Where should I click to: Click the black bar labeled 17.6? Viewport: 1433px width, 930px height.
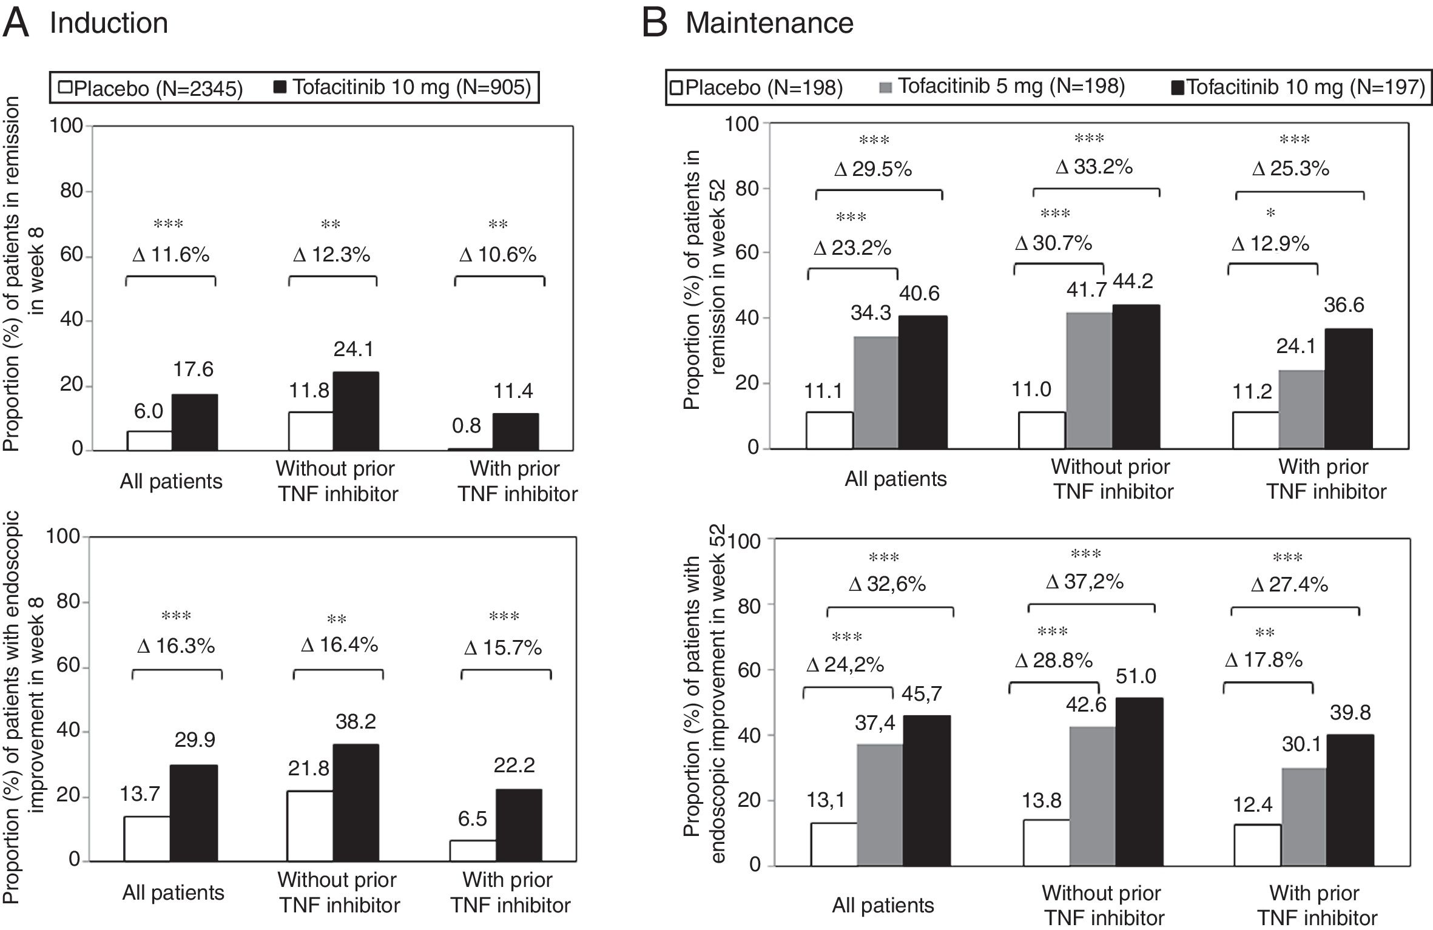[195, 422]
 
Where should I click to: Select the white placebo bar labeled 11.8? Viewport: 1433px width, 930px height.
[311, 431]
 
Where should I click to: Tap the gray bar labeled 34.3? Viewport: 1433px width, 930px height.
[876, 393]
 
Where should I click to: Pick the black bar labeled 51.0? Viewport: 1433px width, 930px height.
[1138, 782]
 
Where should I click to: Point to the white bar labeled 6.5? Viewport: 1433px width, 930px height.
[473, 851]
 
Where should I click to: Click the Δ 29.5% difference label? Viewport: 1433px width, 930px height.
[873, 169]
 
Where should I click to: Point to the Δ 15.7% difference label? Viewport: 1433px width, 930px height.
[503, 648]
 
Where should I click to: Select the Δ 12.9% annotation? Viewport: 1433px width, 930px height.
[1270, 244]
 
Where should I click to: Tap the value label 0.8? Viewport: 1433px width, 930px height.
[467, 426]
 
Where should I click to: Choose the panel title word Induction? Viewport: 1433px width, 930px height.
[109, 23]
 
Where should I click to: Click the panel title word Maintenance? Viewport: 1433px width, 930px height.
[769, 23]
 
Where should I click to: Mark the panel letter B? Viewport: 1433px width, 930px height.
[655, 23]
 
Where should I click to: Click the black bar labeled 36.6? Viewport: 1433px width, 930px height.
[1348, 388]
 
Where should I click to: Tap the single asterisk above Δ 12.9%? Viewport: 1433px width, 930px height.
[1271, 213]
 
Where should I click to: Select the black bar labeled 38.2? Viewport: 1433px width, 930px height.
[356, 803]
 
